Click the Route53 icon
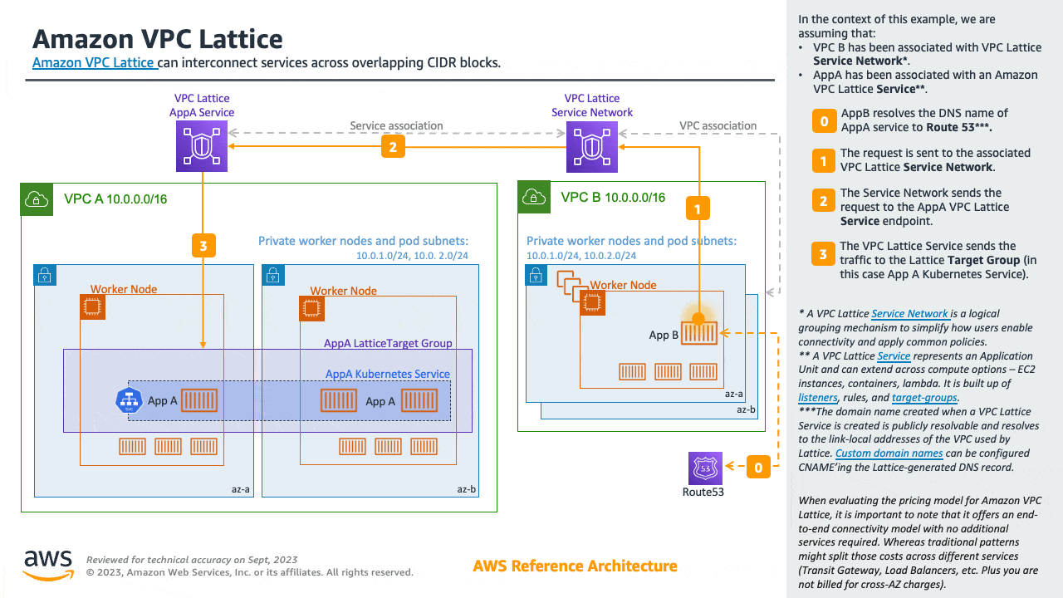pos(705,468)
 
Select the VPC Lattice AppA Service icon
pos(201,147)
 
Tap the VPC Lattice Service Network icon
pos(591,147)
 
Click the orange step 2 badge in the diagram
pos(393,146)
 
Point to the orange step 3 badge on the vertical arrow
pos(203,245)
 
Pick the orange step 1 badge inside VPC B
pos(698,209)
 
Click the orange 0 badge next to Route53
pos(758,468)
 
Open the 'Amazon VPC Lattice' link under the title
pos(94,62)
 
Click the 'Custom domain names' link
pos(889,453)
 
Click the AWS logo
pos(48,565)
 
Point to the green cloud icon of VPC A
pos(36,199)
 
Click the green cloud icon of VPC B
pos(532,197)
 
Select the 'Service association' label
pos(396,126)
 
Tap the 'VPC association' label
pos(718,126)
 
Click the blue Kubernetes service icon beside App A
pos(130,400)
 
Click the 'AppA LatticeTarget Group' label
pos(388,343)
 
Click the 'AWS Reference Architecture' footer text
pos(575,566)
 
